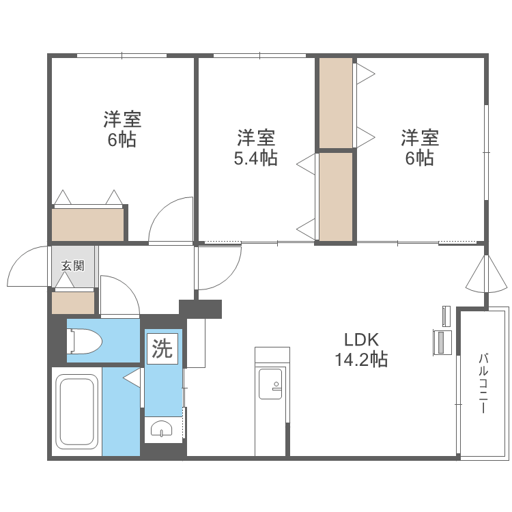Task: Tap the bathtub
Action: pyautogui.click(x=76, y=410)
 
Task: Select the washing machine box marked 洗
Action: pyautogui.click(x=162, y=350)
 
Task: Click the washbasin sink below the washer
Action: pyautogui.click(x=162, y=429)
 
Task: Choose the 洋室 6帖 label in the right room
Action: pyautogui.click(x=419, y=147)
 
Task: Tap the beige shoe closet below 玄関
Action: pyautogui.click(x=72, y=302)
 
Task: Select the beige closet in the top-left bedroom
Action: pyautogui.click(x=88, y=225)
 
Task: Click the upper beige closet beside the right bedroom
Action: pyautogui.click(x=336, y=103)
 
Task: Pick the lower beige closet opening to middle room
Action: pyautogui.click(x=336, y=196)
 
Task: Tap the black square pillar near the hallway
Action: pyautogui.click(x=201, y=309)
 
